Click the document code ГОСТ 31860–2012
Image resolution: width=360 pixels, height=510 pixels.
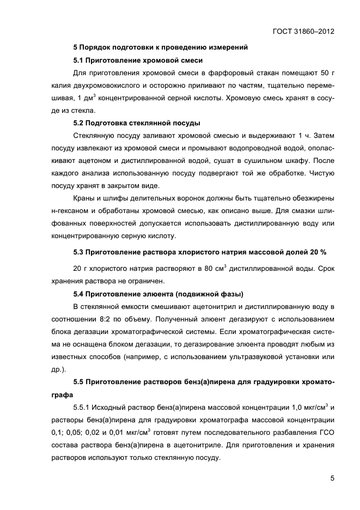coord(303,31)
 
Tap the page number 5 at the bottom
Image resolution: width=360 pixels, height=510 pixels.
coord(331,478)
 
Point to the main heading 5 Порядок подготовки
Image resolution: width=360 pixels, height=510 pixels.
coord(161,47)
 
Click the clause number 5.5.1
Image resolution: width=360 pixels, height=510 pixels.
coord(84,407)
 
